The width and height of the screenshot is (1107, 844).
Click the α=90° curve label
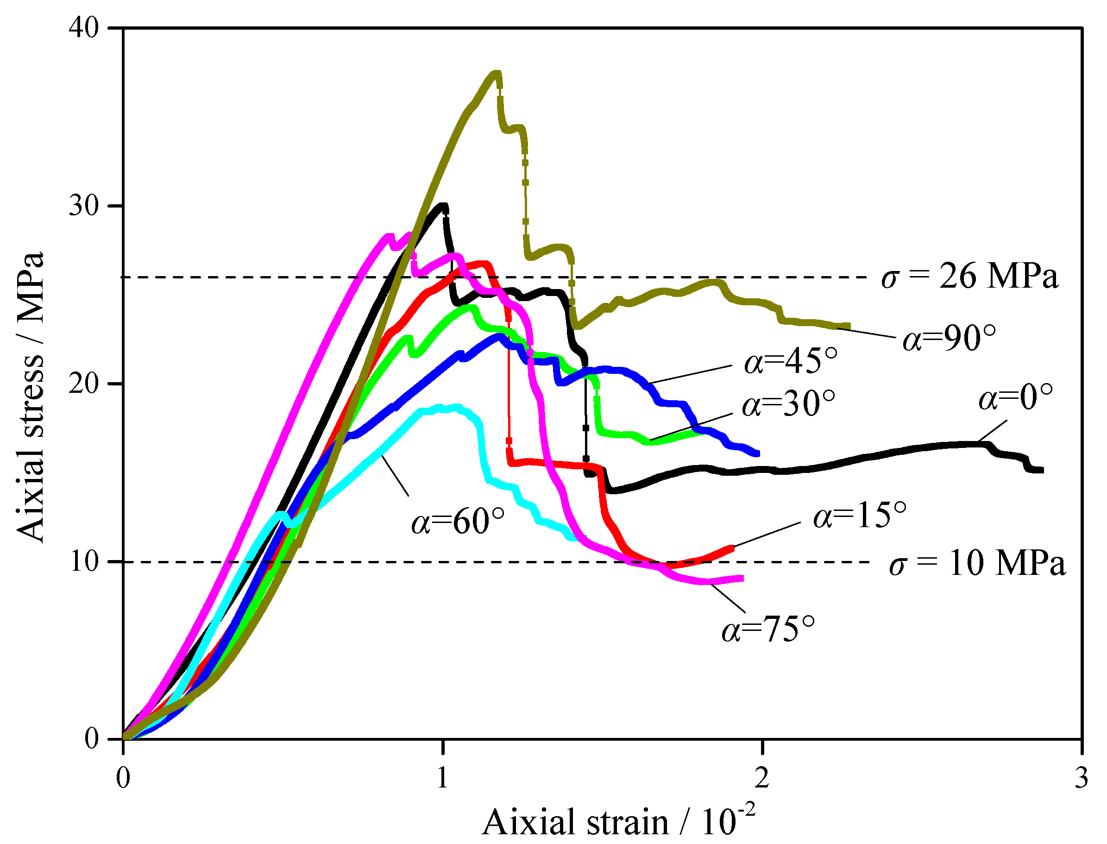point(949,339)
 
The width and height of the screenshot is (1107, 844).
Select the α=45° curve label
point(791,361)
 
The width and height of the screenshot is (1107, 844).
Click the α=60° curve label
point(458,522)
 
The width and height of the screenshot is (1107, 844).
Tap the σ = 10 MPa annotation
point(977,563)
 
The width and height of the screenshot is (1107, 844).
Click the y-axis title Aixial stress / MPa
point(30,397)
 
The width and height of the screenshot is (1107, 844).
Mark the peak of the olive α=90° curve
point(496,73)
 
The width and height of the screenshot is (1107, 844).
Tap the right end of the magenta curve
point(742,579)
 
